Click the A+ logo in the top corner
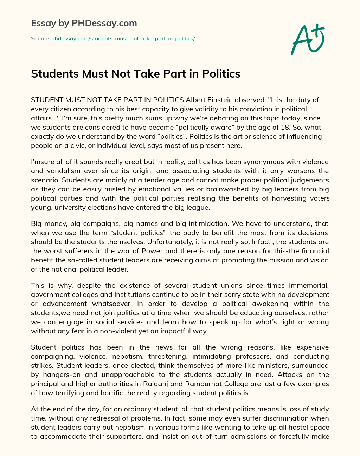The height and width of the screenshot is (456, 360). point(307,39)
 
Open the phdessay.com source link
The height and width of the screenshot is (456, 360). point(123,38)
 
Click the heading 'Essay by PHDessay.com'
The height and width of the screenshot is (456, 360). point(84,23)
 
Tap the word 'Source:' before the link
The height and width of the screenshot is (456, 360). point(40,38)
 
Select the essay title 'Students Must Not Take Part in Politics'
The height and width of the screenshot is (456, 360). point(136,74)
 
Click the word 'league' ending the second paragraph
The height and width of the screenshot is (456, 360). point(198,207)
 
